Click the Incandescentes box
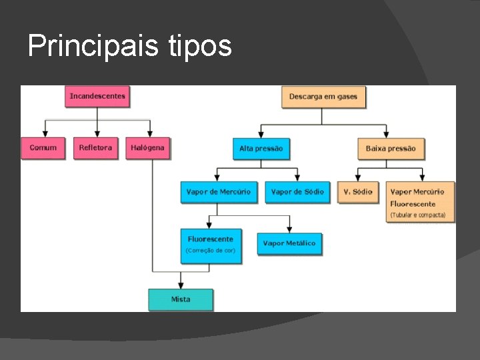97,97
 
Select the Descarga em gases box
323,97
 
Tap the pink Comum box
43,148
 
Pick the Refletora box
96,148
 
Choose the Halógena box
148,148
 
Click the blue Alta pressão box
261,149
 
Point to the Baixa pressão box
391,149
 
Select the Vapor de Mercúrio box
219,192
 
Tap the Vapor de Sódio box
297,192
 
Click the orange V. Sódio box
358,192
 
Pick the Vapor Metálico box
289,243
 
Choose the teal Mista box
181,299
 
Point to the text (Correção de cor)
211,251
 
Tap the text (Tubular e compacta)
418,215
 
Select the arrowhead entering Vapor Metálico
289,229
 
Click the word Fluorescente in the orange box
413,204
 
